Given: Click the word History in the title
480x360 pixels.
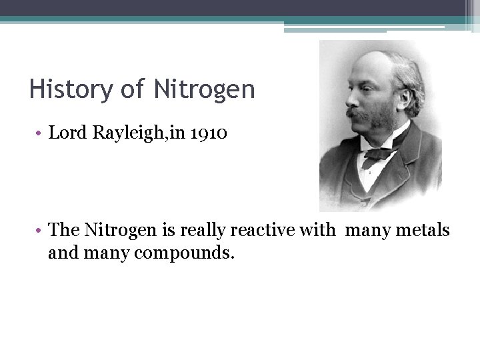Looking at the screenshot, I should click(x=63, y=89).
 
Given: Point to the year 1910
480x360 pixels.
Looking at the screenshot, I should click(x=209, y=133).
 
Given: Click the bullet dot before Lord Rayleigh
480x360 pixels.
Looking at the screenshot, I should click(x=40, y=133).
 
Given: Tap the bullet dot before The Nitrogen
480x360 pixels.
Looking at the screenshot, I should click(x=40, y=231).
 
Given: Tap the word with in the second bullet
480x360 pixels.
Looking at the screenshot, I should click(x=319, y=231).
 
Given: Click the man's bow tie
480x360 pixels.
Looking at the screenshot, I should click(x=382, y=153).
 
